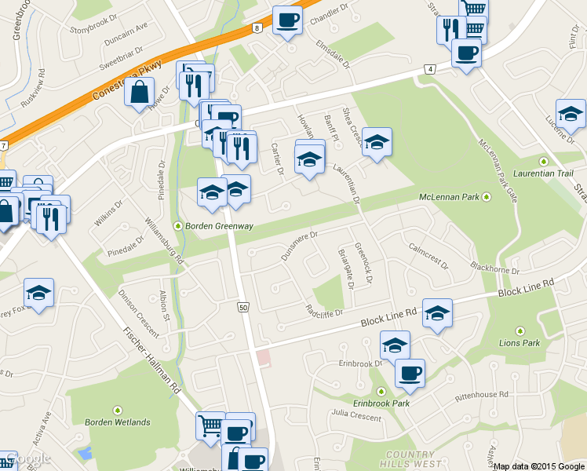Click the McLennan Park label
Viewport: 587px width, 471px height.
point(449,196)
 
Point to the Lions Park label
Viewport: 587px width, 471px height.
point(520,343)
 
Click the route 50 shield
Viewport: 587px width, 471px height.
point(243,307)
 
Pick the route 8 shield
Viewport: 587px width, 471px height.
point(257,27)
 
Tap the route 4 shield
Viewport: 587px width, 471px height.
point(429,69)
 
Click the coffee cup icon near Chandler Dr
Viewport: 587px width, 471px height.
point(287,18)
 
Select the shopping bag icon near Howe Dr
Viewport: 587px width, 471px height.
point(139,92)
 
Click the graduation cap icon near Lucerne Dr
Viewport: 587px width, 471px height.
point(571,113)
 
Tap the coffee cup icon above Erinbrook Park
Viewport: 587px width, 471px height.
point(410,373)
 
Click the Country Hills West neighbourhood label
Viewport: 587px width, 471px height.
point(410,459)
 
